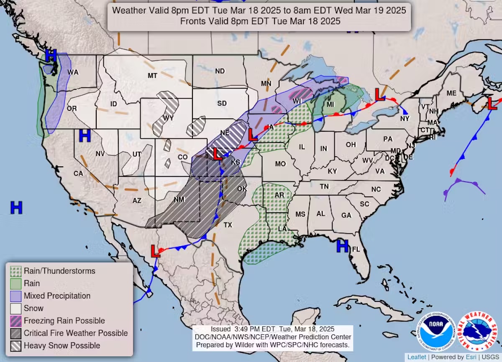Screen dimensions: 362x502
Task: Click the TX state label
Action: click(x=228, y=225)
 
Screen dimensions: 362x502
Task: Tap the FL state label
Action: click(x=356, y=250)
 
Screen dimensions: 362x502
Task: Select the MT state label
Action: click(x=152, y=76)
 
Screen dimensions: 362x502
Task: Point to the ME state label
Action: click(x=451, y=93)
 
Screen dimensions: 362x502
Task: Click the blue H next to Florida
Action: click(x=343, y=246)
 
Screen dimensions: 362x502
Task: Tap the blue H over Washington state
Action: click(x=51, y=55)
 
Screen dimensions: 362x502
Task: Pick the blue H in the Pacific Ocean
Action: click(x=16, y=207)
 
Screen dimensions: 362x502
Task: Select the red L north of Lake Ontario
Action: click(x=380, y=95)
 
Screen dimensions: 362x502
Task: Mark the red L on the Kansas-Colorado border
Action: click(x=217, y=154)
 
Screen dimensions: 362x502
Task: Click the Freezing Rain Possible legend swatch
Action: click(x=16, y=321)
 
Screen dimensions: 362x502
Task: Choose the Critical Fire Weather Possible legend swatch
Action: click(x=16, y=333)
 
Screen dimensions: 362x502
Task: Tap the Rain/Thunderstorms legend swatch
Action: click(x=16, y=271)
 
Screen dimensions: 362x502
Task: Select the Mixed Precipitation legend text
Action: click(x=57, y=296)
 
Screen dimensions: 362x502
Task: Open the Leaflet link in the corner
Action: click(x=417, y=357)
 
